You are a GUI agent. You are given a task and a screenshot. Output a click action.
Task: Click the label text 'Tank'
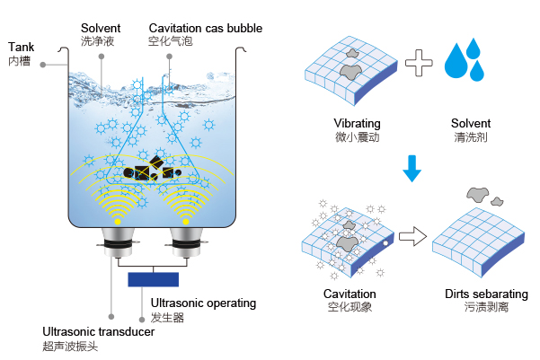[x=21, y=46]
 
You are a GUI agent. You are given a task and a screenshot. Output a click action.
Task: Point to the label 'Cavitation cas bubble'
[x=205, y=28]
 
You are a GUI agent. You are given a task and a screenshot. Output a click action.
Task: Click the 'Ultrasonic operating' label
[x=203, y=303]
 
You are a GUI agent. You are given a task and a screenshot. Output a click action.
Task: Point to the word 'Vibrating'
[x=357, y=123]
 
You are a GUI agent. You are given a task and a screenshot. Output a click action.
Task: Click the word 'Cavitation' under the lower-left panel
[x=350, y=294]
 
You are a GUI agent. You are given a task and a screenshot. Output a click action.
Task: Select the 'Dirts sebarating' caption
[x=486, y=294]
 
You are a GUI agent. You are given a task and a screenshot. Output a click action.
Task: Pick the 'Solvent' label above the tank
[x=101, y=28]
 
